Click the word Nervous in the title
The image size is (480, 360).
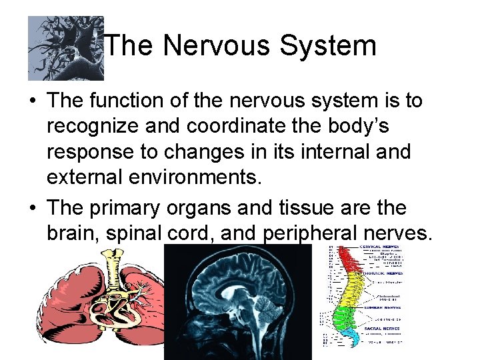pos(215,46)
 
